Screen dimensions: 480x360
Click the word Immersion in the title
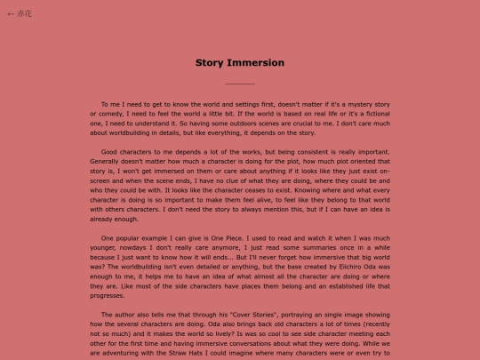pos(255,63)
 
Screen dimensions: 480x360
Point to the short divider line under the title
pos(240,84)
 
